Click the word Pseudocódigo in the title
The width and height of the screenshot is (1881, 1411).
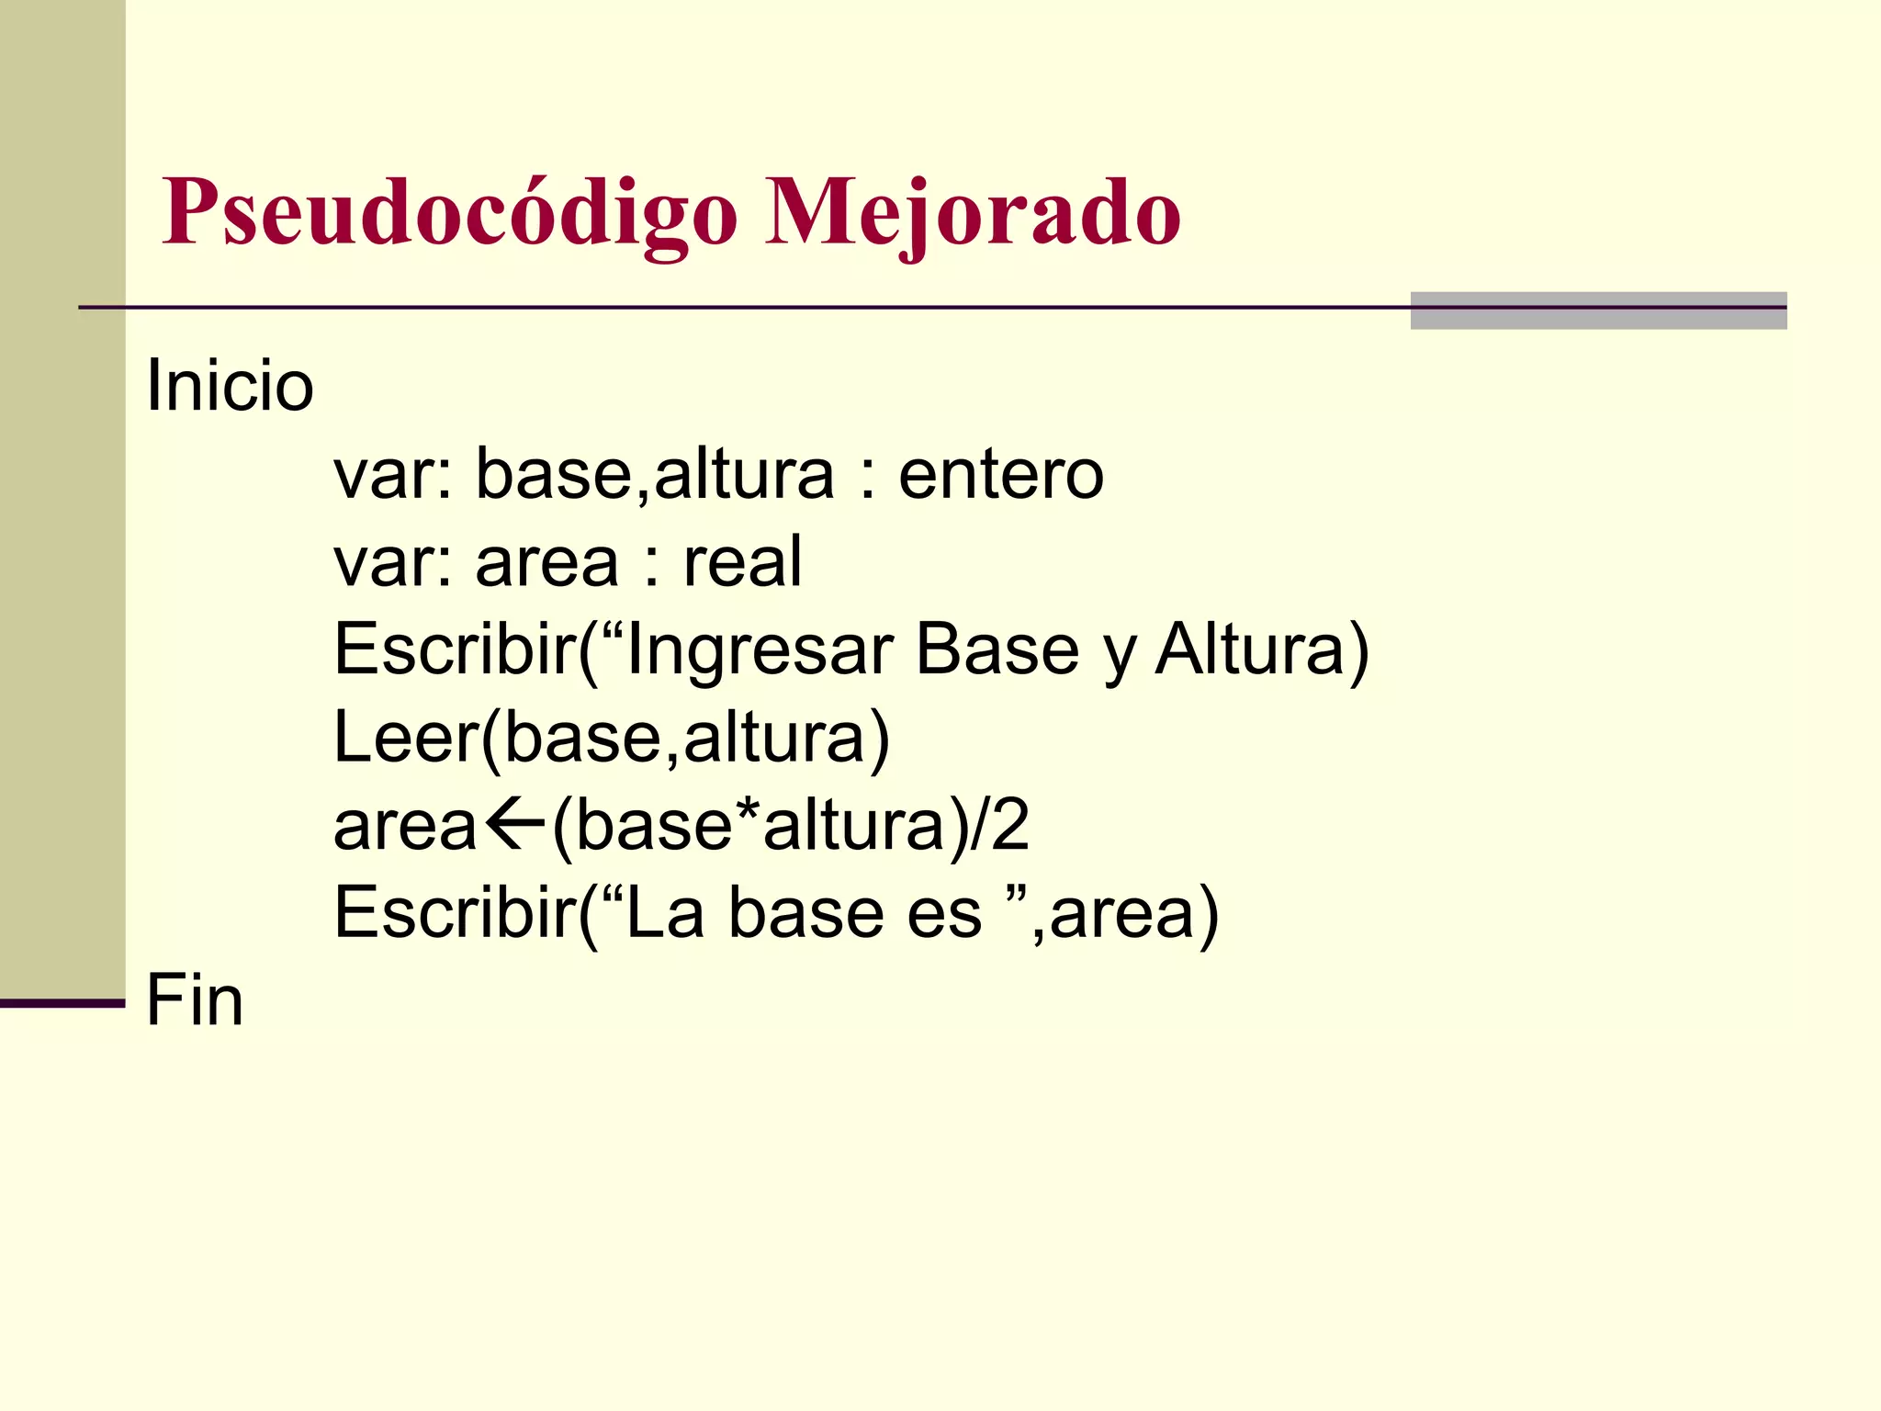449,213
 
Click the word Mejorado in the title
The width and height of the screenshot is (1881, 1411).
973,213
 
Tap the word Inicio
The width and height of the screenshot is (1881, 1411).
230,386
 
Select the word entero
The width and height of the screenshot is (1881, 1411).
1001,475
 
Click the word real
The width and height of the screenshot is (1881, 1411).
742,562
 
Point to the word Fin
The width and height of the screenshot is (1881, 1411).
195,1000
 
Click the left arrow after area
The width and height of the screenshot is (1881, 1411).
512,824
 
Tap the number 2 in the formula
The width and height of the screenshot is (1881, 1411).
1009,825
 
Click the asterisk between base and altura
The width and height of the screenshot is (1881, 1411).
746,813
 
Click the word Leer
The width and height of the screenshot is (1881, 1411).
405,738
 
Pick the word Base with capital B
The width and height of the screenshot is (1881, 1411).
997,649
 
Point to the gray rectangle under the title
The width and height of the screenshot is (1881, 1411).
1598,310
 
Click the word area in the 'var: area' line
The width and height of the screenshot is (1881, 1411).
546,562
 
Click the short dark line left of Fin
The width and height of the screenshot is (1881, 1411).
62,1003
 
